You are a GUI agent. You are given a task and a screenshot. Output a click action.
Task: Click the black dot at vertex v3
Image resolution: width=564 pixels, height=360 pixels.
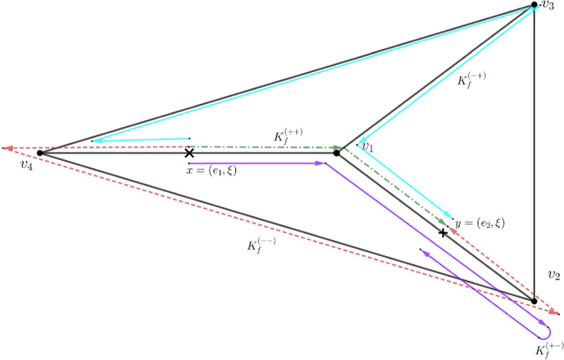534,5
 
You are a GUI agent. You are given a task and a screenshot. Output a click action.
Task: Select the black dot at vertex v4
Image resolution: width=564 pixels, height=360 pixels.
40,153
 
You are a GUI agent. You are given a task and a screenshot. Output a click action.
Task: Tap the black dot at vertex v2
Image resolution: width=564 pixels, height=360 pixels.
534,302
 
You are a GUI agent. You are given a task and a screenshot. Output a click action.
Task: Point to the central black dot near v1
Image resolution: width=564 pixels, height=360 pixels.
337,153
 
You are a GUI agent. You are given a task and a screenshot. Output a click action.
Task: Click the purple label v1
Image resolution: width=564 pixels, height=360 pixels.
368,146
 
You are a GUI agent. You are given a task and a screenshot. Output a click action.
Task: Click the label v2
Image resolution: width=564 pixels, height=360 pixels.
553,275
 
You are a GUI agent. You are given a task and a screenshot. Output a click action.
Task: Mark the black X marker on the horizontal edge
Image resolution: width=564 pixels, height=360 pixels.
189,153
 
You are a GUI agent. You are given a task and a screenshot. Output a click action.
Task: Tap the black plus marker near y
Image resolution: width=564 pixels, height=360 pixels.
443,232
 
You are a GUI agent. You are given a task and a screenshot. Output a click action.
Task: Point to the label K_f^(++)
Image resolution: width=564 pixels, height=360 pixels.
288,136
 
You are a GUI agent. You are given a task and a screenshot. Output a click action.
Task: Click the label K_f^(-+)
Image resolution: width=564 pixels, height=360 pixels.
473,80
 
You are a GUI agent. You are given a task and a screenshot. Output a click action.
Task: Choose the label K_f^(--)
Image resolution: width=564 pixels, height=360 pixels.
262,245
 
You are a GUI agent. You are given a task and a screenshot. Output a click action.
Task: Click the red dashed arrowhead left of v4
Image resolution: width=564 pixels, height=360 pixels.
6,148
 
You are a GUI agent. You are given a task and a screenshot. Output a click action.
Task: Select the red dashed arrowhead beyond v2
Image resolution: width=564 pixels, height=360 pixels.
555,312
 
